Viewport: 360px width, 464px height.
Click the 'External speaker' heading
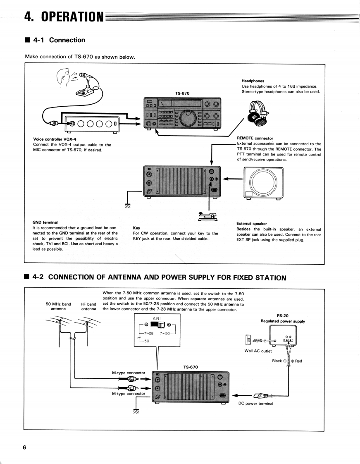[x=252, y=223]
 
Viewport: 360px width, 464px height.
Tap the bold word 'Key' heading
[x=136, y=227]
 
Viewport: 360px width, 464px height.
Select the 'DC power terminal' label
[x=256, y=404]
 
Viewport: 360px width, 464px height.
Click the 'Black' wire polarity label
[x=277, y=361]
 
